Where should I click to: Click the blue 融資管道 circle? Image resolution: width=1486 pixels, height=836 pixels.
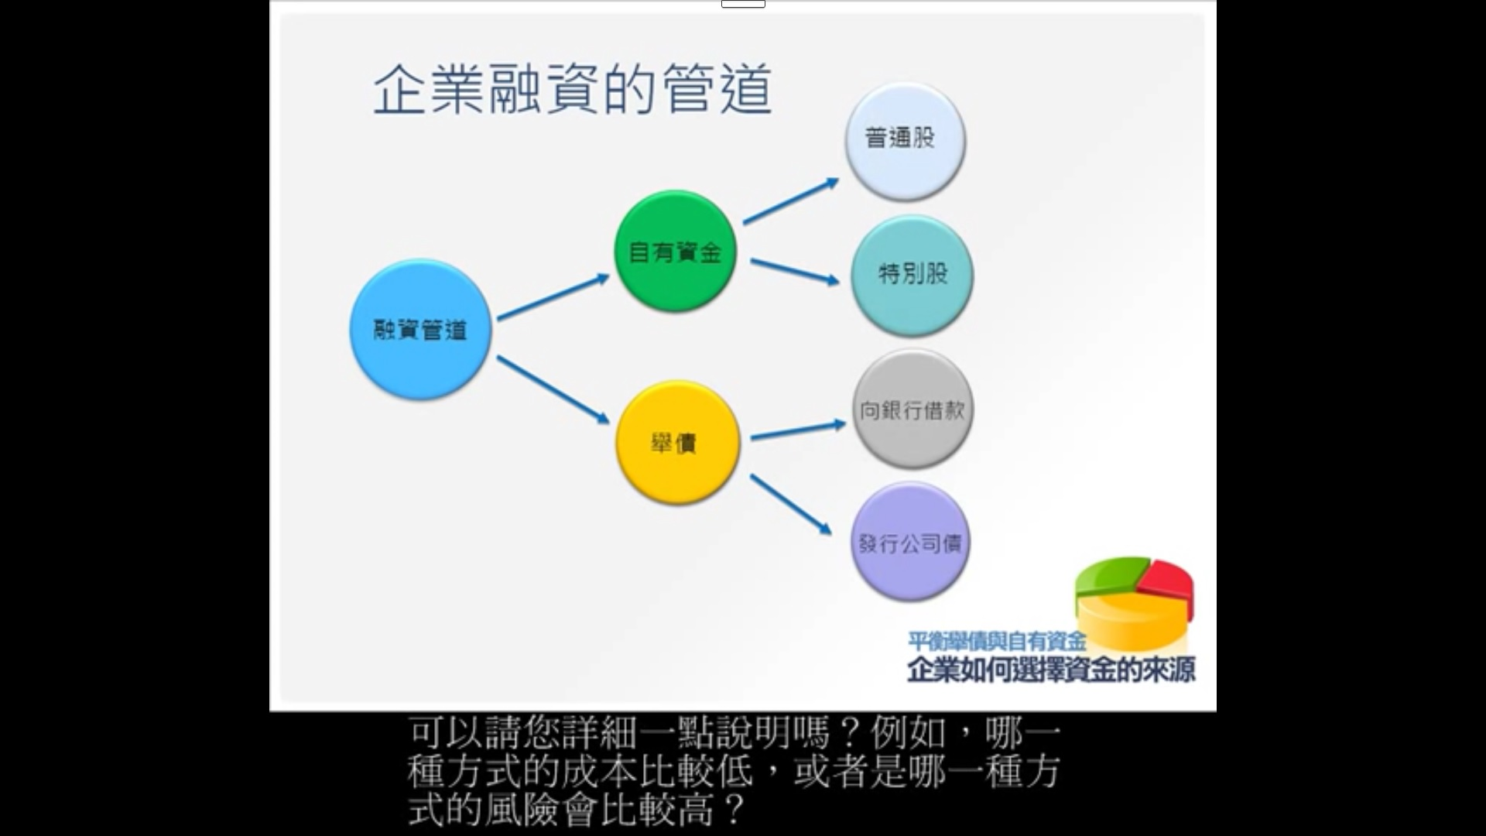coord(420,330)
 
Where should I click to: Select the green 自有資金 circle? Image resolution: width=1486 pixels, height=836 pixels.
coord(675,252)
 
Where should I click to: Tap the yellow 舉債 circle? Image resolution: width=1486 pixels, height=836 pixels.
coord(677,442)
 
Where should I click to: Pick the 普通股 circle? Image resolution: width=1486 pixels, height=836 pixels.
coord(905,142)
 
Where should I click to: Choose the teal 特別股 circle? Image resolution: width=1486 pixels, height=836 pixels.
coord(912,276)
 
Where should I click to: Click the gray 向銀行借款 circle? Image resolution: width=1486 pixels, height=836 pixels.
coord(912,409)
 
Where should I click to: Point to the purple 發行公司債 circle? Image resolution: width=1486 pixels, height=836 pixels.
coord(910,541)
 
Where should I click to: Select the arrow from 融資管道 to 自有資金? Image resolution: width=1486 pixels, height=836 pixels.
coord(553,296)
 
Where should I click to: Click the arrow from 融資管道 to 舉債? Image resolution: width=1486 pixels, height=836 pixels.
coord(553,390)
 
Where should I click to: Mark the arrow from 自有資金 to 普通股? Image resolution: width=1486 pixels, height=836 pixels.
coord(791,201)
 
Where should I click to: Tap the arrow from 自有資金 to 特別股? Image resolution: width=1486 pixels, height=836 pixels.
coord(795,272)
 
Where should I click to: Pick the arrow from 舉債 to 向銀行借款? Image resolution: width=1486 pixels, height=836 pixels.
coord(798,430)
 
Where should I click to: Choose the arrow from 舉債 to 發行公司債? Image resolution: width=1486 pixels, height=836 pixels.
coord(791,505)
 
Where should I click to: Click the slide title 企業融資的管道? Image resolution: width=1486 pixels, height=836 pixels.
coord(573,90)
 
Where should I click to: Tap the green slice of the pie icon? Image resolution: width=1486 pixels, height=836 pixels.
coord(1111,574)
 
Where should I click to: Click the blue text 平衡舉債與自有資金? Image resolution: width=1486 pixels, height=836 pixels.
coord(997,640)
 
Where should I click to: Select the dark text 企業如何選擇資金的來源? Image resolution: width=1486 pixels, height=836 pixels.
coord(1052,669)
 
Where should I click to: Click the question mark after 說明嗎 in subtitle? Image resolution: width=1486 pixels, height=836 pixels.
coord(848,731)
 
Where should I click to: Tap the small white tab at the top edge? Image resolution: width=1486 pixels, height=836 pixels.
coord(743,4)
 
